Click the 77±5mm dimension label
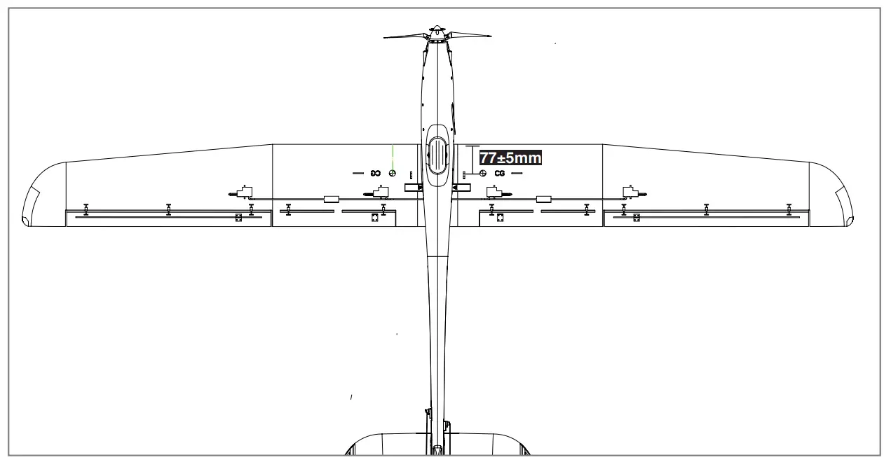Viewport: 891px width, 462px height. (x=510, y=158)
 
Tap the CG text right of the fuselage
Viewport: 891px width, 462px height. (x=500, y=173)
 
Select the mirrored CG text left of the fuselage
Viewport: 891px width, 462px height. (x=375, y=173)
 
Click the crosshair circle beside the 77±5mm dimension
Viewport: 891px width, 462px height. (x=483, y=173)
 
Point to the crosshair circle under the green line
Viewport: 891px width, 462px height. (x=393, y=173)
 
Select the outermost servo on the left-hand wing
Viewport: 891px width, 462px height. (x=243, y=191)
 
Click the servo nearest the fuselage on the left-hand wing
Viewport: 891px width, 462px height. (x=379, y=191)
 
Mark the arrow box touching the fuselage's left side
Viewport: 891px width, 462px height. (x=414, y=188)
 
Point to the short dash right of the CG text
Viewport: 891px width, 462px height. (x=517, y=172)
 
